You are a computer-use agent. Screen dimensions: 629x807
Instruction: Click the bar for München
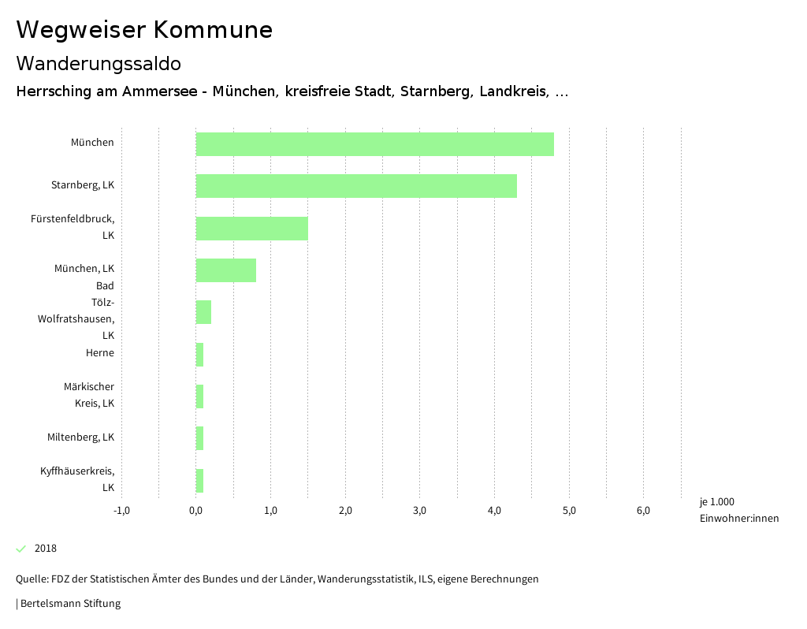click(374, 144)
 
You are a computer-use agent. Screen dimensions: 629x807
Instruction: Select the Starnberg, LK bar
click(356, 186)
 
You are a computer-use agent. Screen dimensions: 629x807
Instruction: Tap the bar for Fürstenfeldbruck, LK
click(251, 229)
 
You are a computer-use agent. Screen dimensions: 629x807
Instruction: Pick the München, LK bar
click(225, 270)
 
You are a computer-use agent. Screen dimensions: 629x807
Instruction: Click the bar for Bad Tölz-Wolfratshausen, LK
click(203, 312)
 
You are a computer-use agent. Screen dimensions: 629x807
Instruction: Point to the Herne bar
click(199, 355)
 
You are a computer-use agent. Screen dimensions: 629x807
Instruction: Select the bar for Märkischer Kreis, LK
click(199, 396)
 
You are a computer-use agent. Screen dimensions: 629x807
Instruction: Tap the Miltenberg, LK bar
click(199, 438)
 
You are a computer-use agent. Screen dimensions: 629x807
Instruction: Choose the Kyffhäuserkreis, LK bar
click(199, 481)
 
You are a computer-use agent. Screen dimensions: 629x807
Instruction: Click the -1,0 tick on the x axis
click(121, 510)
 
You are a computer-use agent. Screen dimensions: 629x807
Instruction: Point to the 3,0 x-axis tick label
click(419, 510)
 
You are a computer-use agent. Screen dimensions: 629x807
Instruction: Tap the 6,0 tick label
click(643, 510)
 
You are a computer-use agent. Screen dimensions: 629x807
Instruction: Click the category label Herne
click(100, 352)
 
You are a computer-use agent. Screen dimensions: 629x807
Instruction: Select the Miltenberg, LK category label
click(80, 437)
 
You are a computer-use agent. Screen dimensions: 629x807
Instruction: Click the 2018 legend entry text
click(46, 549)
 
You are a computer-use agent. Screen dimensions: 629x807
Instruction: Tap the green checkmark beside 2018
click(21, 549)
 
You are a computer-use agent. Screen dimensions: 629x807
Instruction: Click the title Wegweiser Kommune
click(144, 30)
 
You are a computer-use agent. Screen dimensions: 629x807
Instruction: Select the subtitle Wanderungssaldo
click(99, 63)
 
